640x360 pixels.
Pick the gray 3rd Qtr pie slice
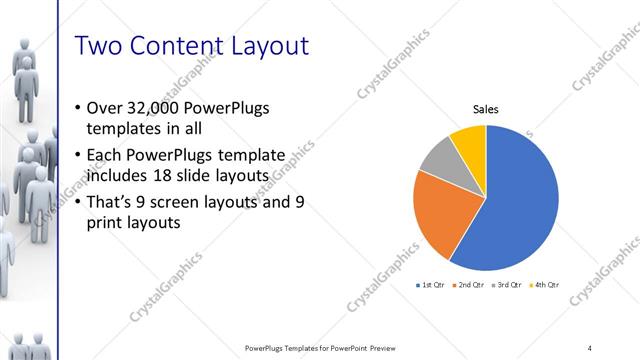440,159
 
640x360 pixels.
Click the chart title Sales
486,110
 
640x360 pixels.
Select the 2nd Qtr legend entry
469,285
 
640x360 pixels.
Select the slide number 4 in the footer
590,348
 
